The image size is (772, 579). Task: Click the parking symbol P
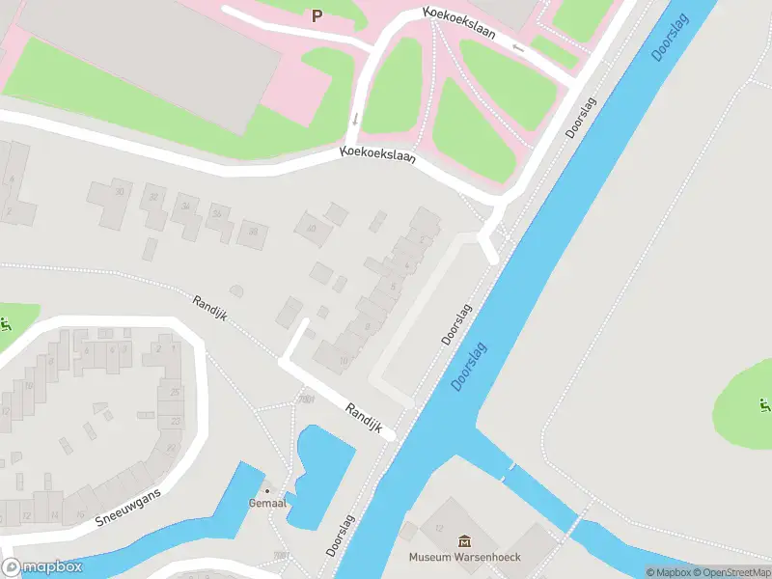point(317,15)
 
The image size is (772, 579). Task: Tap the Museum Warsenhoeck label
point(463,557)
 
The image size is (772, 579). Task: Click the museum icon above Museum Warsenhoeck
point(464,540)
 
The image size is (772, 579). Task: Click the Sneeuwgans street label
point(127,506)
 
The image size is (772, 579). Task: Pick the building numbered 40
point(311,228)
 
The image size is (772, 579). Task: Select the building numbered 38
point(253,231)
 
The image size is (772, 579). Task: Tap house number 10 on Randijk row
point(344,361)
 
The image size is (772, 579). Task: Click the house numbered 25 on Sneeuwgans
point(175,392)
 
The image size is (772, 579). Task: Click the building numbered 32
point(152,199)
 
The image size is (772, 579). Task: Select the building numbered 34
point(185,207)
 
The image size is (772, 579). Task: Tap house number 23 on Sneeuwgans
point(175,421)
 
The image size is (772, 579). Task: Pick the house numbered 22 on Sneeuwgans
point(171,447)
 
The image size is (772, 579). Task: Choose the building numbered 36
point(218,214)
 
